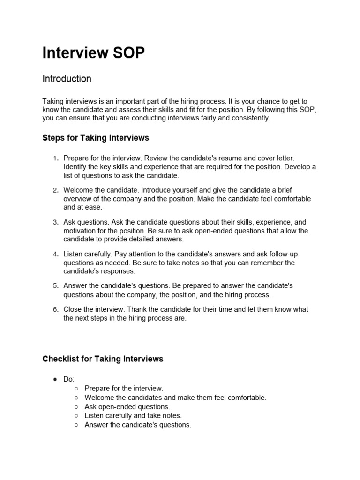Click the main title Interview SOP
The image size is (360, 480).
(x=94, y=53)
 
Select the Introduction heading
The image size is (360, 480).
(x=67, y=79)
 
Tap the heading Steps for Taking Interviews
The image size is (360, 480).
(x=96, y=138)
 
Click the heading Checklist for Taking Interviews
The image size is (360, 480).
(x=103, y=359)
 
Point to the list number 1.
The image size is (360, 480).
(x=55, y=158)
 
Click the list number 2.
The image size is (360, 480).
(x=55, y=190)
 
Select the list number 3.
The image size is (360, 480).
(x=55, y=222)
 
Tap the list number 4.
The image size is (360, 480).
(x=55, y=254)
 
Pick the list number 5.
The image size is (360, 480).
(x=55, y=285)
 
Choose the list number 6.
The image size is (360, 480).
(x=55, y=309)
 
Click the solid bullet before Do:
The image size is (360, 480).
(x=55, y=379)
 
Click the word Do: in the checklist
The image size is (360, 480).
(x=69, y=379)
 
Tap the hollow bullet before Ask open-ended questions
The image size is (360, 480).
(x=76, y=407)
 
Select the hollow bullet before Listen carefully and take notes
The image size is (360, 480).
(x=76, y=416)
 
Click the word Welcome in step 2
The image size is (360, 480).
(x=78, y=190)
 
